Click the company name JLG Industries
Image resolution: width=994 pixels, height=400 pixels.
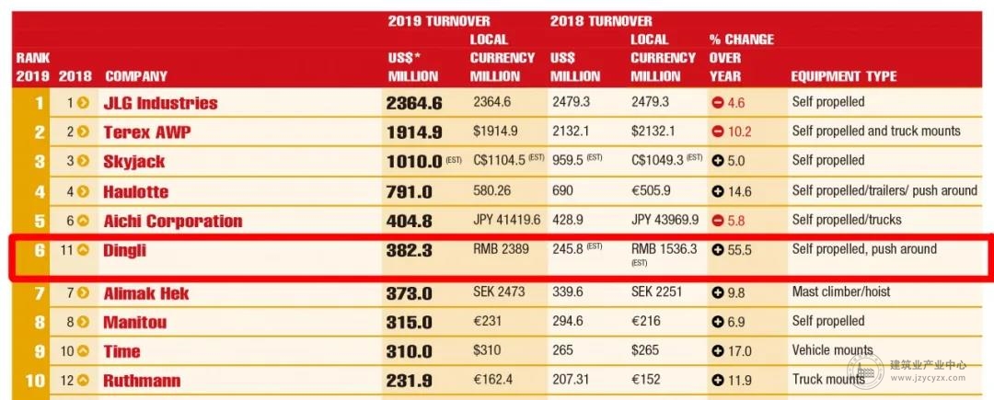click(160, 103)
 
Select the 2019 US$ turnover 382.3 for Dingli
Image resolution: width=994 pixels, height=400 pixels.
click(409, 251)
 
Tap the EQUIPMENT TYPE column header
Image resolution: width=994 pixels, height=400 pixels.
click(844, 76)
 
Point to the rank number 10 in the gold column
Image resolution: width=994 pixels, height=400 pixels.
click(35, 381)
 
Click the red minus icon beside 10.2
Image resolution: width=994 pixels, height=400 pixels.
click(718, 131)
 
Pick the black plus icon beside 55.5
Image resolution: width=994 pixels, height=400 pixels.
click(718, 250)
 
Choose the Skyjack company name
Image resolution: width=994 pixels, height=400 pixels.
click(133, 162)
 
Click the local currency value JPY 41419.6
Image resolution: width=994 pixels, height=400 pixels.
click(506, 220)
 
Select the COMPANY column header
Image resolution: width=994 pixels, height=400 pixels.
click(136, 76)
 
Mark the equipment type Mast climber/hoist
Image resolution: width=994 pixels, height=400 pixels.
click(841, 291)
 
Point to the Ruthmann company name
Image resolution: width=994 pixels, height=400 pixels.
click(142, 381)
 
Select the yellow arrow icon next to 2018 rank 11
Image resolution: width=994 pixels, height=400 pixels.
click(83, 250)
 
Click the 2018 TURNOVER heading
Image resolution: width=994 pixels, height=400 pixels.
click(601, 21)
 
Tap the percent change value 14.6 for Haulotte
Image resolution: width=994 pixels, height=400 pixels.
click(739, 190)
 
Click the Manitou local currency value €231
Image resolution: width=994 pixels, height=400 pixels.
click(487, 321)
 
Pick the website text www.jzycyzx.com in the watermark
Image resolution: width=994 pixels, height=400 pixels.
click(928, 378)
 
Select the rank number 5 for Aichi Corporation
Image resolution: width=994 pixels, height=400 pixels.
click(40, 221)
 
